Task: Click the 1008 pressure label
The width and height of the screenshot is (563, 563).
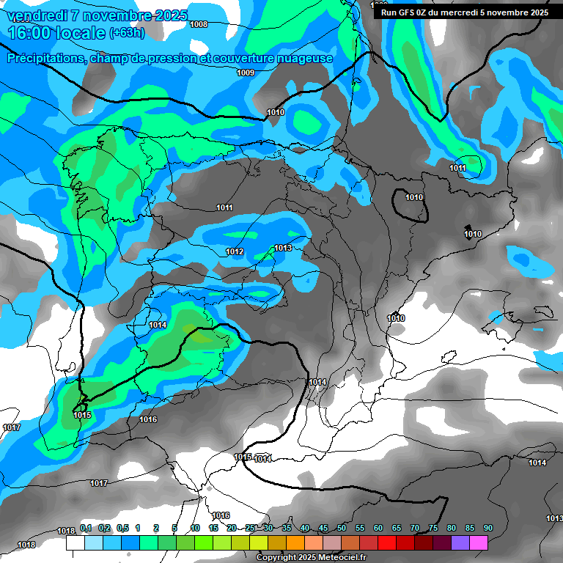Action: coord(198,24)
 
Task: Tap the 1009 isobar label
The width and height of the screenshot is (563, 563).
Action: coord(246,73)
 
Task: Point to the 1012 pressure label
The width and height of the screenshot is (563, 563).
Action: coord(235,251)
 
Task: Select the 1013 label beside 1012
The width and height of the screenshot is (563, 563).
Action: coord(283,249)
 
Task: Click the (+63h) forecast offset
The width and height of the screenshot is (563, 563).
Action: coord(126,33)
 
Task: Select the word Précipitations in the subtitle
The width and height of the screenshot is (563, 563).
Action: coord(45,58)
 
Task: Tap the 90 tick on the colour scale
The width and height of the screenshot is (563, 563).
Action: coord(487,528)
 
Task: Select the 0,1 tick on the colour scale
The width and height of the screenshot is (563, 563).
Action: coord(86,528)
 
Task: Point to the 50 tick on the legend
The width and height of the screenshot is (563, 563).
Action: coord(342,528)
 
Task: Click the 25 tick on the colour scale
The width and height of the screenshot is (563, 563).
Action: coord(250,528)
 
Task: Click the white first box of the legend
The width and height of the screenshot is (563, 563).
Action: coord(75,542)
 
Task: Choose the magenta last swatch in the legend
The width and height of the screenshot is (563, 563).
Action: coord(479,542)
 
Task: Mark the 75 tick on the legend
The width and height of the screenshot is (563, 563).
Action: coord(433,528)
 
